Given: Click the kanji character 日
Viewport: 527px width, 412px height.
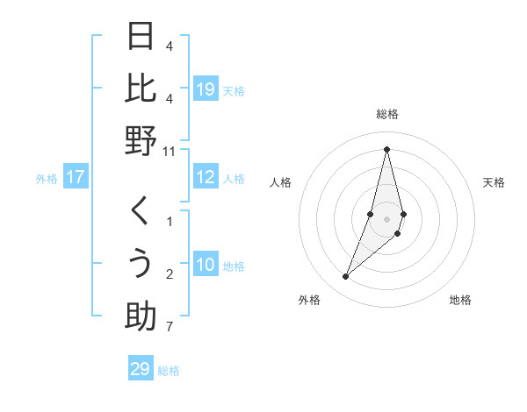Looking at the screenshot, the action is tap(141, 38).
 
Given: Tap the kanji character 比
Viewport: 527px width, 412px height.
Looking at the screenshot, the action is tap(141, 89).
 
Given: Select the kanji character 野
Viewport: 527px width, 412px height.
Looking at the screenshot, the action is tap(141, 141).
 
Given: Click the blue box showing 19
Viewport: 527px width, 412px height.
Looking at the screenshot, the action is tap(206, 89).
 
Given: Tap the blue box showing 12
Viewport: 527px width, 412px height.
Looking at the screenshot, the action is tap(206, 178).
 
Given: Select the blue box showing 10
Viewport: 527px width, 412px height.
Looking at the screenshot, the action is tap(206, 265).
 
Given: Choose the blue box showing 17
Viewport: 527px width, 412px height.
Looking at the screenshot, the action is tap(76, 178).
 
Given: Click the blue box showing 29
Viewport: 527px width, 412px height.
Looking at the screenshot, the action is tap(141, 369).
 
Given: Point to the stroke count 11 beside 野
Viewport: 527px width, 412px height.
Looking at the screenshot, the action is tap(170, 151).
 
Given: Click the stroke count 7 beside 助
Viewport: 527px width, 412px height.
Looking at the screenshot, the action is tap(169, 328).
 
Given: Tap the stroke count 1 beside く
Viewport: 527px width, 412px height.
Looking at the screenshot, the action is tap(169, 222).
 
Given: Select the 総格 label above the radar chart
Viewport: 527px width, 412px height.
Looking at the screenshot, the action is tap(386, 115).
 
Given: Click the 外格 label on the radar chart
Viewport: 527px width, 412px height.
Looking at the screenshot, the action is tap(309, 300).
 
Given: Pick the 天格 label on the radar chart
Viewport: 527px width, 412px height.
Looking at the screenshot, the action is tap(494, 182).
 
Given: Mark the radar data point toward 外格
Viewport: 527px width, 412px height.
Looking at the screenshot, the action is tap(346, 276).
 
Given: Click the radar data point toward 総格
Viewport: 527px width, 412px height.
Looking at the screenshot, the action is tap(386, 149).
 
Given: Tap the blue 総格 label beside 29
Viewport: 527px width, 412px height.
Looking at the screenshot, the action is tap(170, 371).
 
